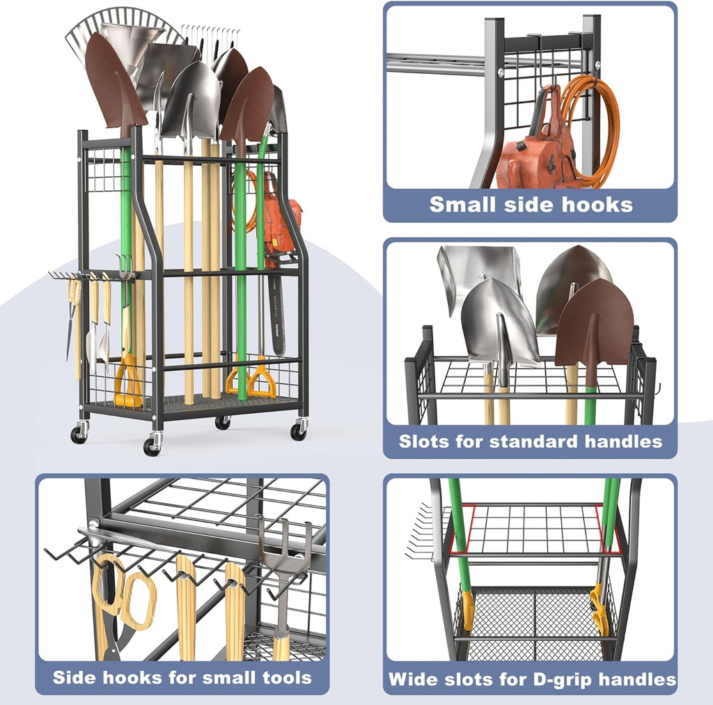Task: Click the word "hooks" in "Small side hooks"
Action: (x=597, y=205)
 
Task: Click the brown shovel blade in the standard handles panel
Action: (x=594, y=323)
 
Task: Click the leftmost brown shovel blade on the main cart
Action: (x=114, y=83)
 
